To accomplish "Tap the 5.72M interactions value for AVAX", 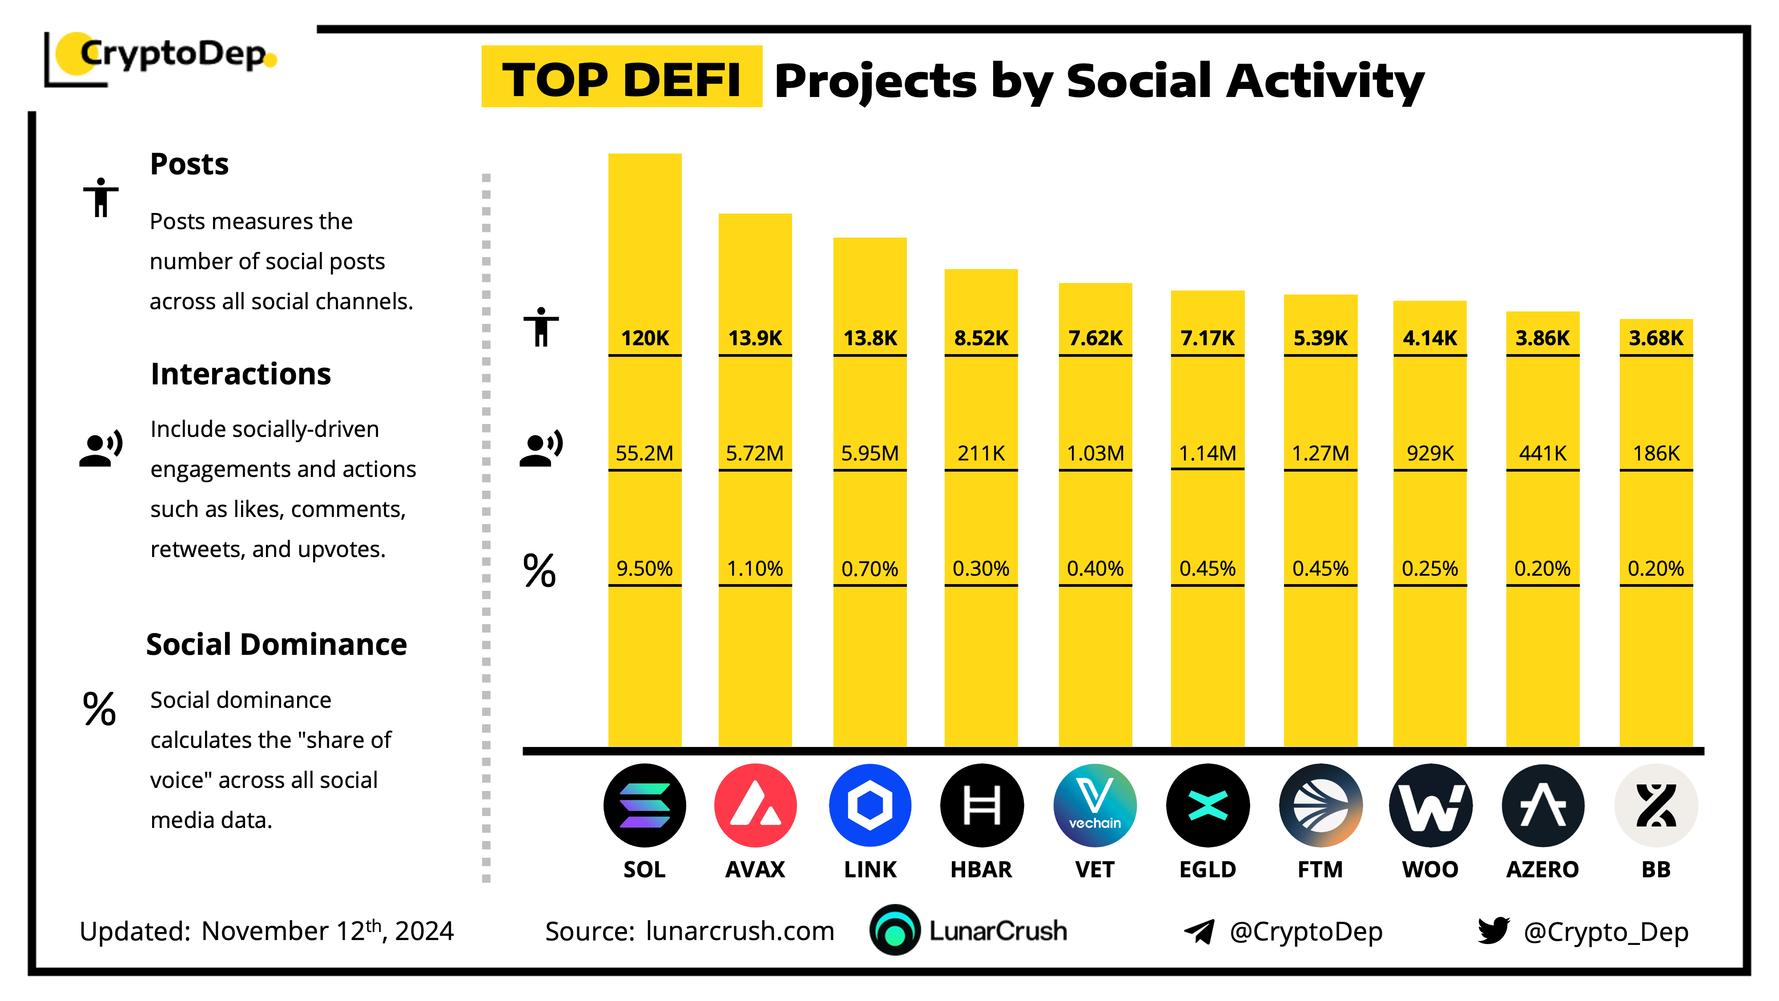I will pyautogui.click(x=754, y=453).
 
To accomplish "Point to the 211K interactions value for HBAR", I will pyautogui.click(x=981, y=453).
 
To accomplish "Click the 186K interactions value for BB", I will pyautogui.click(x=1655, y=453).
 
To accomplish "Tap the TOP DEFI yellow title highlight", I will pyautogui.click(x=622, y=77).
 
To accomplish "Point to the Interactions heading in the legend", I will pyautogui.click(x=240, y=374).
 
